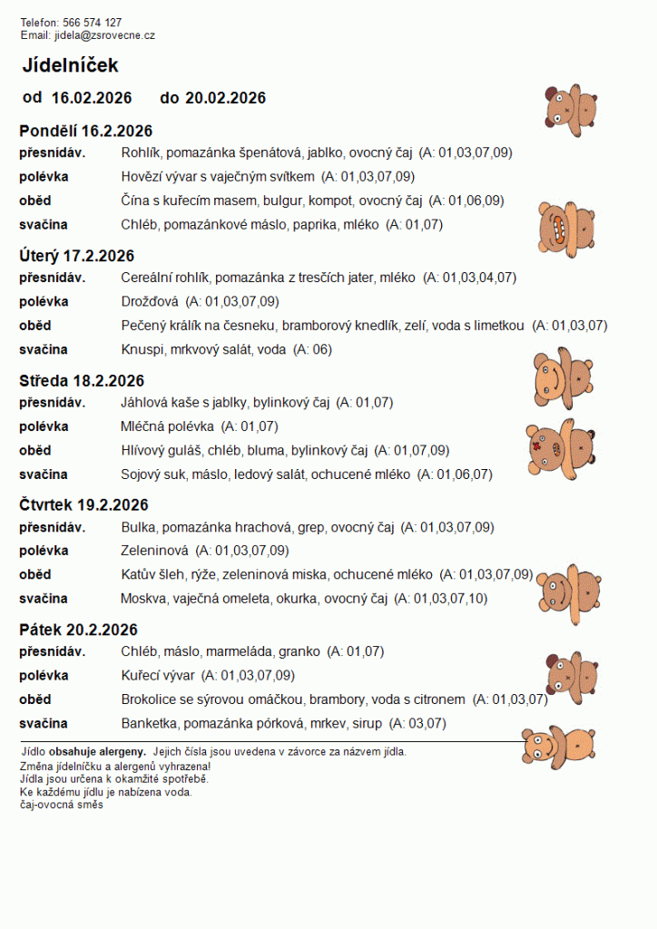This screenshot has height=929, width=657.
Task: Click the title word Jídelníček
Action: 70,65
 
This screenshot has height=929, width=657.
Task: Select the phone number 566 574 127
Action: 93,22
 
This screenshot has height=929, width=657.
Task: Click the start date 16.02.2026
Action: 92,98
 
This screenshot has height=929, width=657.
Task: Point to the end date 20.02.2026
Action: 225,98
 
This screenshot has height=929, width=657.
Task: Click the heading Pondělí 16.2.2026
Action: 85,132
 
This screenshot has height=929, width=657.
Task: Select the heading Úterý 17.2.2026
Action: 77,256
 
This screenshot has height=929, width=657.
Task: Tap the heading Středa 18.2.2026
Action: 82,381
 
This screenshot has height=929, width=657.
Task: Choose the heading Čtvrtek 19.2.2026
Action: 83,505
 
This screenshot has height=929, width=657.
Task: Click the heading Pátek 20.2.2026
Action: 78,630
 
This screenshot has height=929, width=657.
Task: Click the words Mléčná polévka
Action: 168,425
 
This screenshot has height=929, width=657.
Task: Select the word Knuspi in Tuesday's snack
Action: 141,349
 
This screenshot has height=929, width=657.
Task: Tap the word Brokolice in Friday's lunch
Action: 151,699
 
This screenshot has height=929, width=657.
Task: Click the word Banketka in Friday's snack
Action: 150,723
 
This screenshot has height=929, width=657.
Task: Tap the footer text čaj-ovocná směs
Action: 62,804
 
